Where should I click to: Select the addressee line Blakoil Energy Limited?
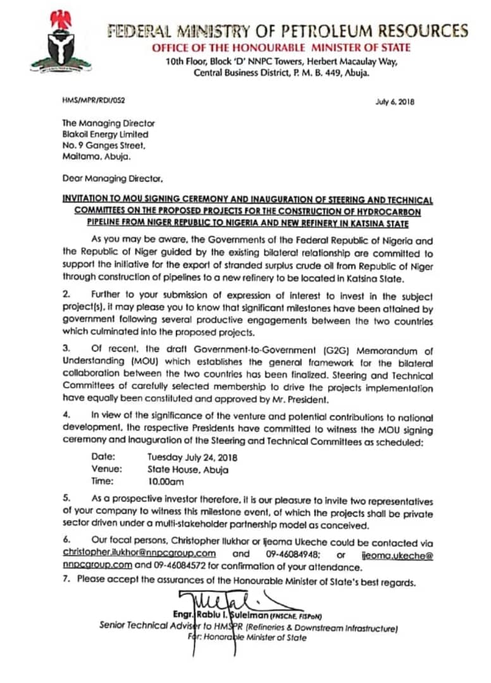pyautogui.click(x=105, y=134)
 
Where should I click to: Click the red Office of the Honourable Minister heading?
pyautogui.click(x=281, y=48)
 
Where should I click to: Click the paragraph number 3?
pyautogui.click(x=66, y=351)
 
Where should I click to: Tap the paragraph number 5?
pyautogui.click(x=66, y=500)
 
